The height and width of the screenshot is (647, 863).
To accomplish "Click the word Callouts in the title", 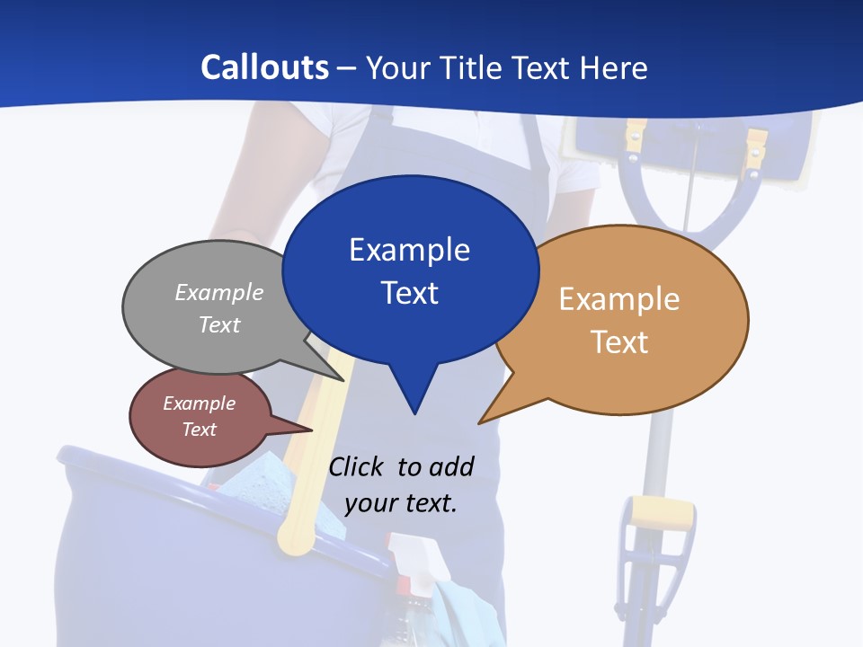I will (x=264, y=67).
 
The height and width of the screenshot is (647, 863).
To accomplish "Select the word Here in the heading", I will (x=613, y=67).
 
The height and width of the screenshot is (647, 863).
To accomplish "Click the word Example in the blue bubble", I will (x=409, y=250).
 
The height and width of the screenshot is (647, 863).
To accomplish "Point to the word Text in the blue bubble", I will (x=409, y=293).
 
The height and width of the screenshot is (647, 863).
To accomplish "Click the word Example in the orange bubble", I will (x=619, y=299).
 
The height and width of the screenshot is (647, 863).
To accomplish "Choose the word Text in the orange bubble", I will (x=619, y=342).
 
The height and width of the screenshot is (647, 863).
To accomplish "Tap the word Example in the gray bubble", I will (x=219, y=293).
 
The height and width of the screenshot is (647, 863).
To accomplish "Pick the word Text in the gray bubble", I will (x=219, y=324).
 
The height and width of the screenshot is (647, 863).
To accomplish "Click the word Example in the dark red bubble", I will (x=200, y=403).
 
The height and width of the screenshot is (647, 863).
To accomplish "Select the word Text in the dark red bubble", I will (x=200, y=430).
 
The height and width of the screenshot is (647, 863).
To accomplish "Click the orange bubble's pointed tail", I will (x=482, y=421).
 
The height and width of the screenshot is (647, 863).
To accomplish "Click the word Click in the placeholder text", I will (x=355, y=467).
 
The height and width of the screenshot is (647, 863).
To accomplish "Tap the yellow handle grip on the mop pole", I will (x=662, y=514).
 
